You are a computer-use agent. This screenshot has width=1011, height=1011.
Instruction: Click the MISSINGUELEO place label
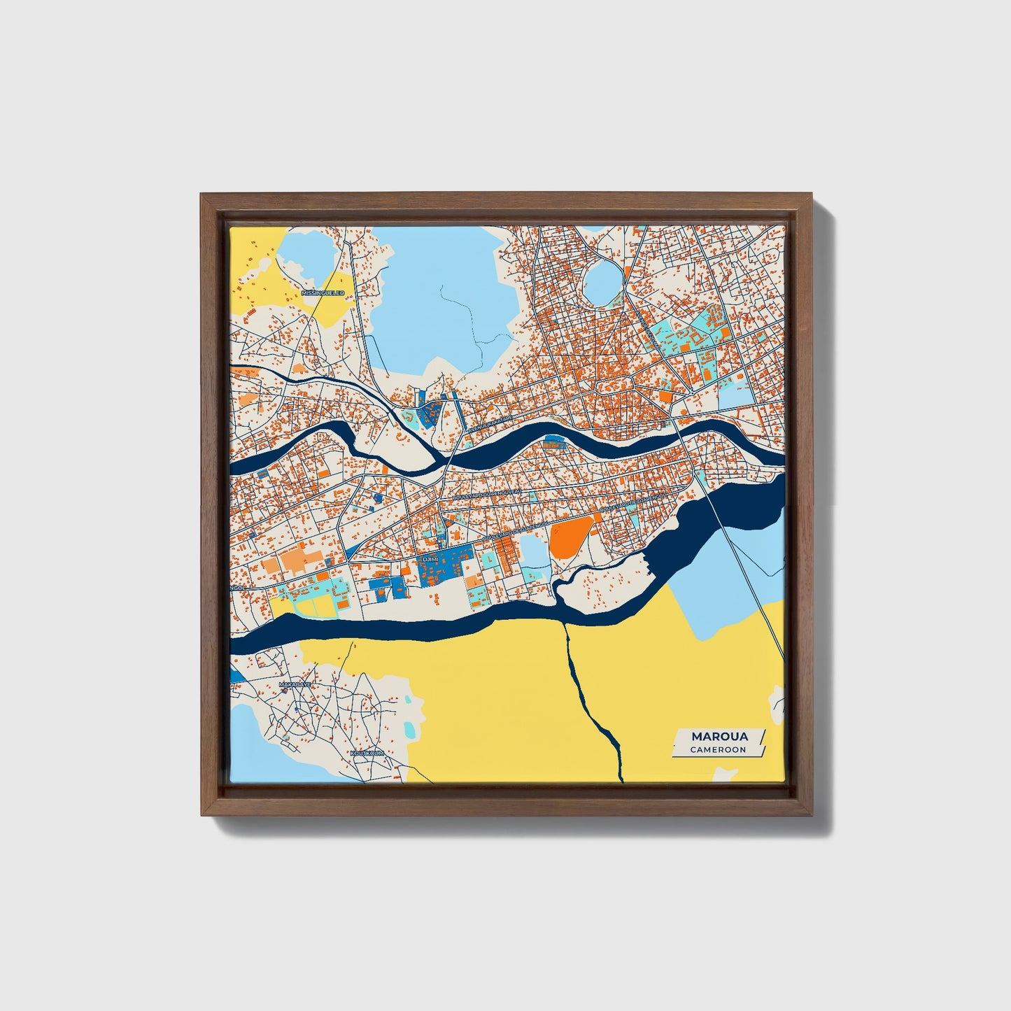(323, 292)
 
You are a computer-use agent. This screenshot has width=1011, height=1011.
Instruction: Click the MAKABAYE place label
(294, 684)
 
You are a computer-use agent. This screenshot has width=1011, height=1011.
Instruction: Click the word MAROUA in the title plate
(719, 736)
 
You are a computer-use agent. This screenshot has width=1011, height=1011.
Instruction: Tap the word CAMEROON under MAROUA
(718, 749)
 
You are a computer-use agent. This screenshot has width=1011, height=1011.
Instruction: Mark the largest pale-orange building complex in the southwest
(301, 560)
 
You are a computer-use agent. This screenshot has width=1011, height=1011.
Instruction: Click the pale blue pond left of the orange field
(533, 553)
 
